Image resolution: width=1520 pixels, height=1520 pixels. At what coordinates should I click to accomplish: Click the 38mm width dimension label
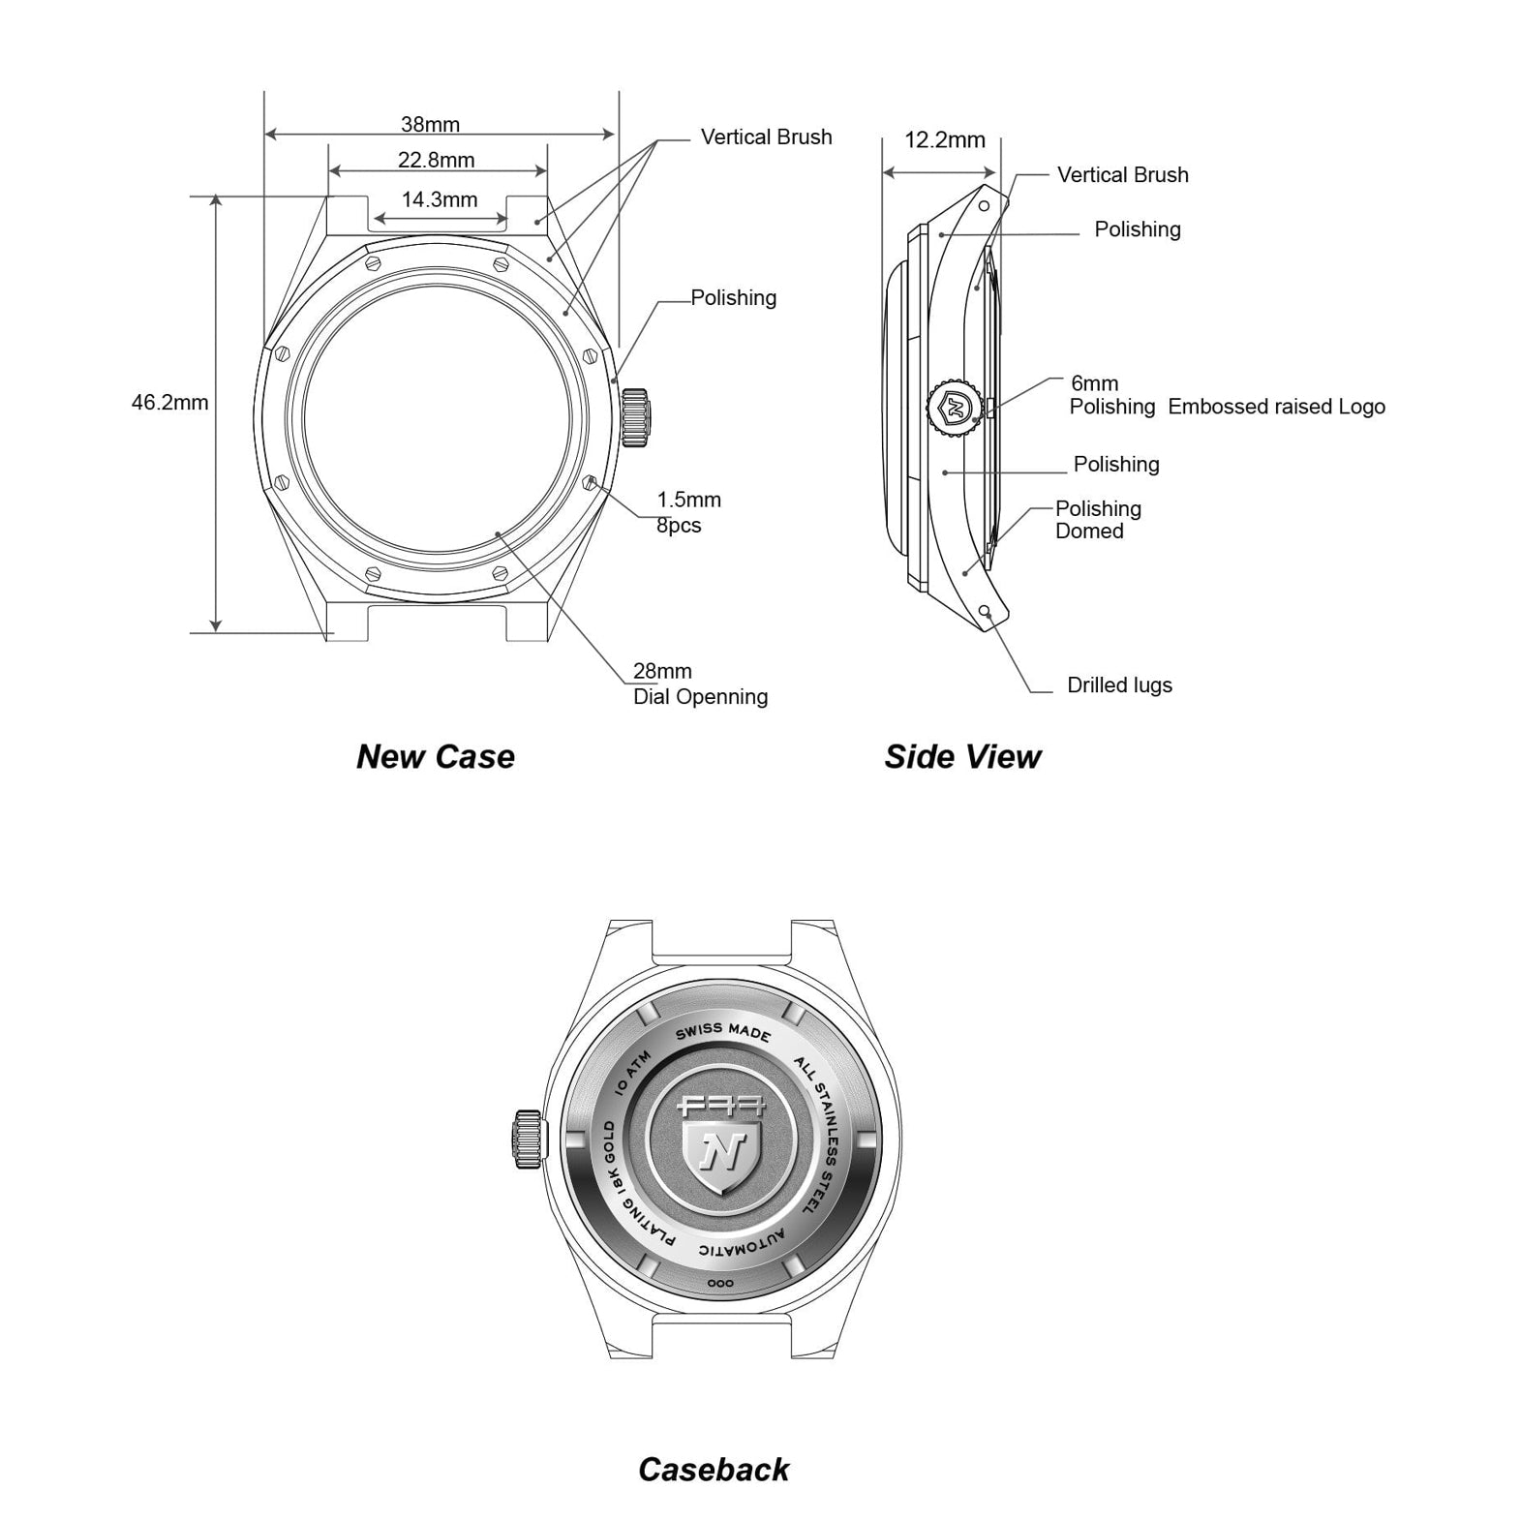pos(431,124)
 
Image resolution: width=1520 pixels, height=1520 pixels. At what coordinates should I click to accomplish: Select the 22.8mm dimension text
pos(437,160)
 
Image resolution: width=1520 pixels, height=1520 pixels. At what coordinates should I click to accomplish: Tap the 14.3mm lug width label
pos(440,199)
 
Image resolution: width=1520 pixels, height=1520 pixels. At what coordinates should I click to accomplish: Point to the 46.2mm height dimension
pos(170,402)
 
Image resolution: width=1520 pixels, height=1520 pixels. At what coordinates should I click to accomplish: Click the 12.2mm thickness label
pos(945,139)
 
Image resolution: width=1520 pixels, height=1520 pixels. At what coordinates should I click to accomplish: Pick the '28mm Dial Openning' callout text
pos(701,684)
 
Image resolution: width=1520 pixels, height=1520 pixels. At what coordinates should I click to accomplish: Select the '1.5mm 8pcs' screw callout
pos(689,512)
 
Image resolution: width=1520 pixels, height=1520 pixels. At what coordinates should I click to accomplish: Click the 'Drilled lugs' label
pos(1119,684)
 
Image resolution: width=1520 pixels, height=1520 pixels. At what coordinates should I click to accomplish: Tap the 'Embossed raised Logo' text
pos(1276,407)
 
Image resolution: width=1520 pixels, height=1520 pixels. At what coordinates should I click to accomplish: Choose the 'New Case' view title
pos(436,756)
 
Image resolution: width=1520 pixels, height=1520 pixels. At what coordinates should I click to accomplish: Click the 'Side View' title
pos(962,756)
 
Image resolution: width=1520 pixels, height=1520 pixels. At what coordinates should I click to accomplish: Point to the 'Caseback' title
pos(714,1470)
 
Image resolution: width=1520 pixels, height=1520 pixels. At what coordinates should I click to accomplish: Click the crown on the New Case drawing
pos(635,417)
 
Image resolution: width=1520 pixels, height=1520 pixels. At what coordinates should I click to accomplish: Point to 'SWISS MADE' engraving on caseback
pos(724,1032)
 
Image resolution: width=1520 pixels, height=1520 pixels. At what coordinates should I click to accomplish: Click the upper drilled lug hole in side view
pos(984,206)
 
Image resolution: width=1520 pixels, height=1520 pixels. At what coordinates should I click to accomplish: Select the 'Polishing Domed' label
pos(1098,520)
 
